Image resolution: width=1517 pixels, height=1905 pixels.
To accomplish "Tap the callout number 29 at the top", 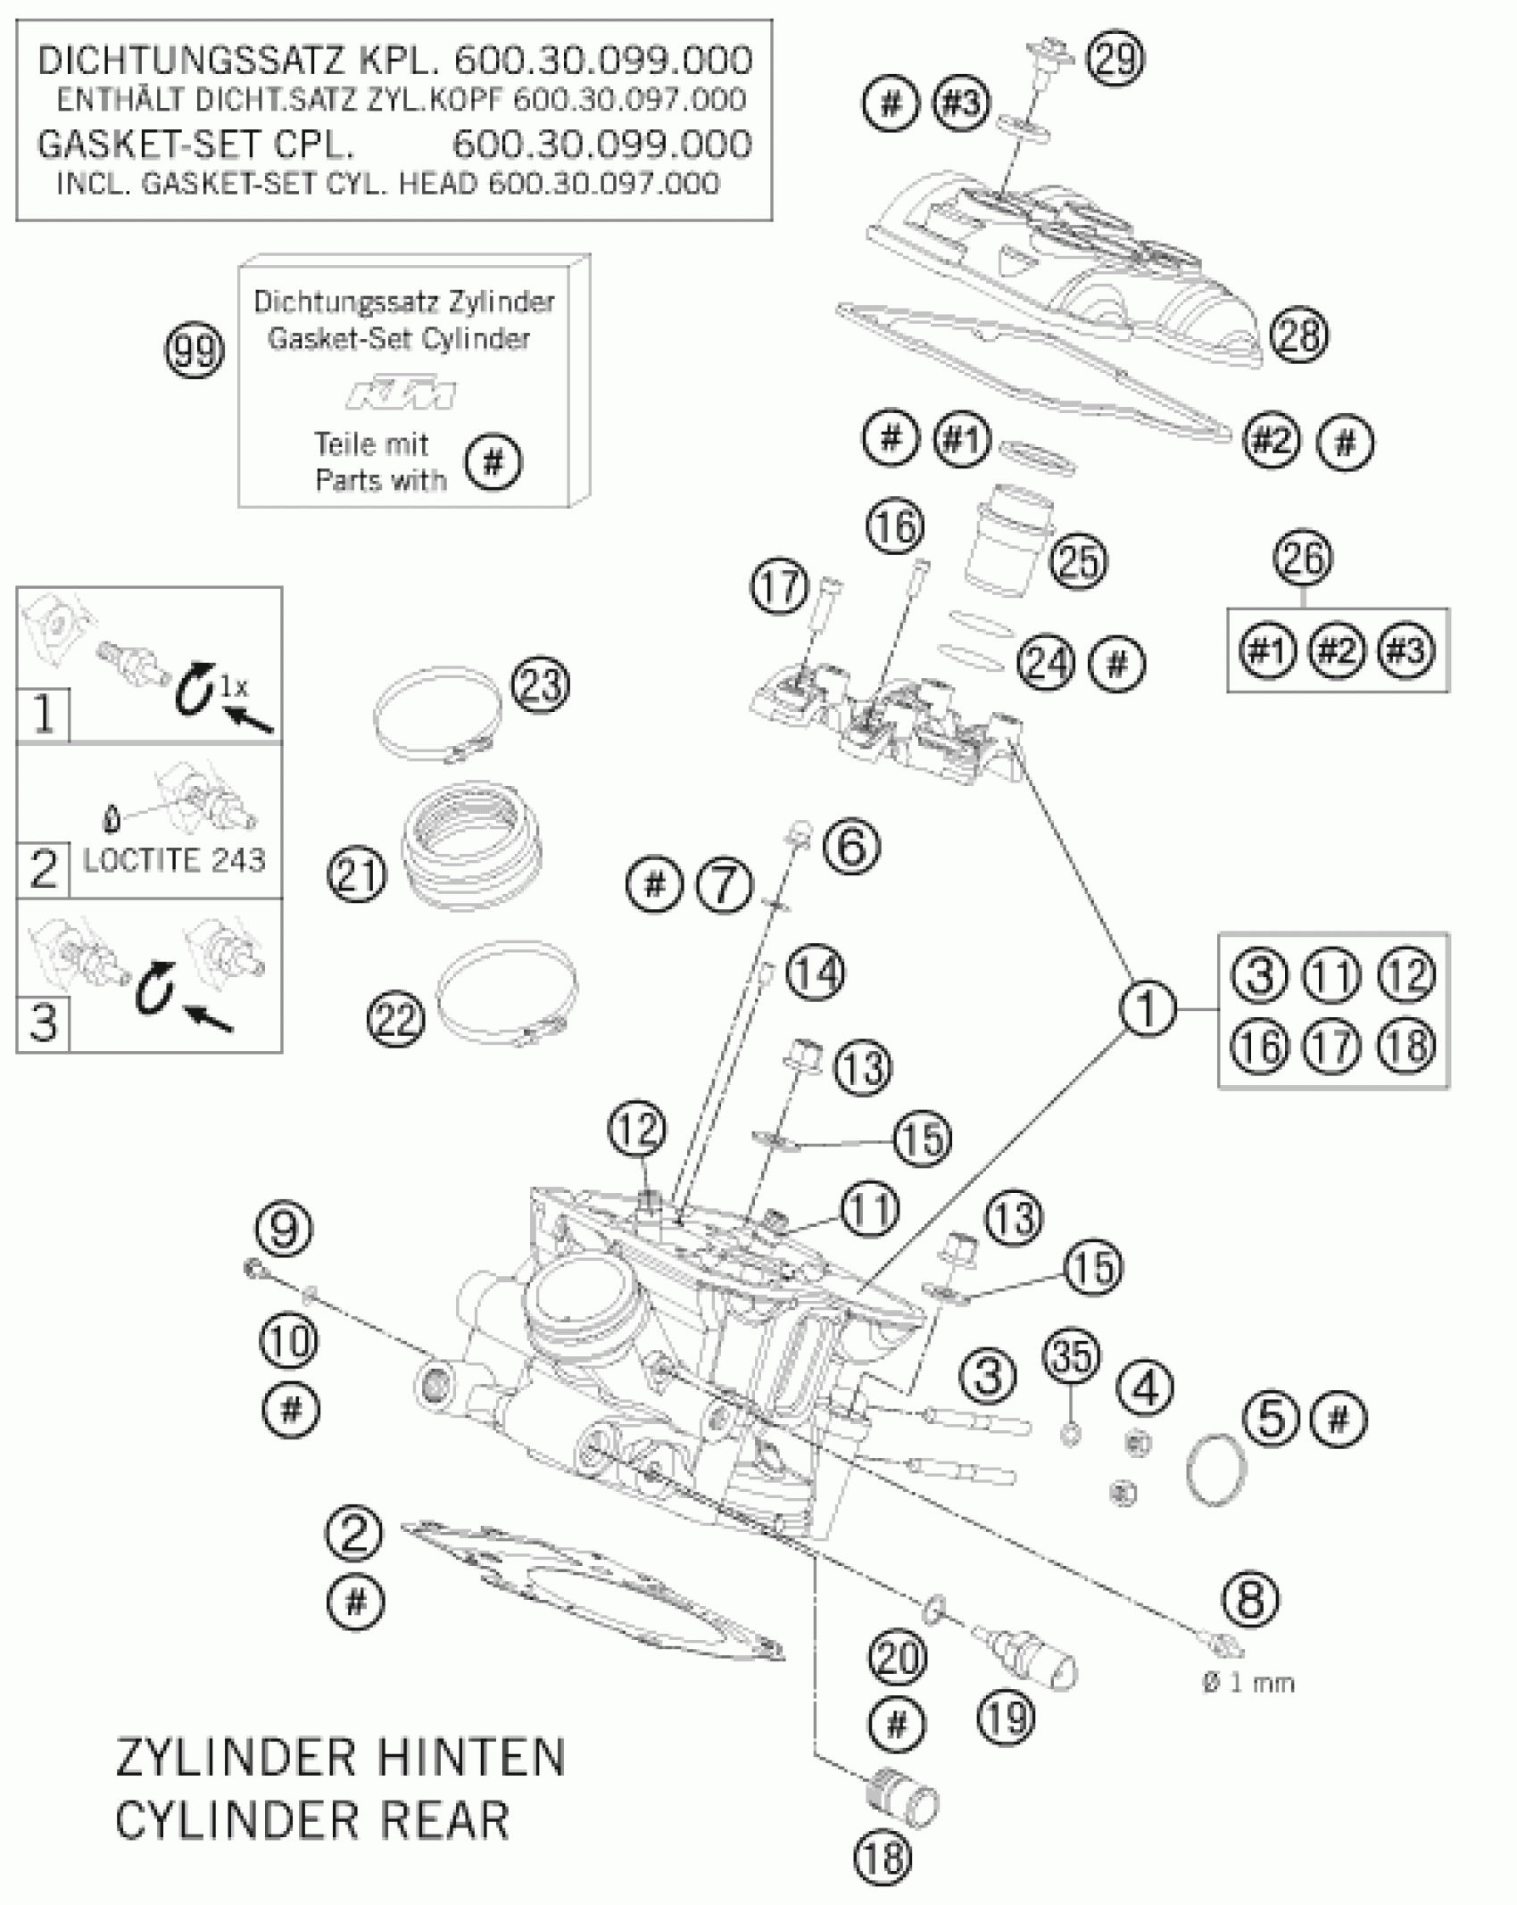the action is click(1116, 58).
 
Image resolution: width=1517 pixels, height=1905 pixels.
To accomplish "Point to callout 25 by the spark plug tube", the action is click(1078, 561).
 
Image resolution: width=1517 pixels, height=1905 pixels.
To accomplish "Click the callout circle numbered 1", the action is click(1148, 1009).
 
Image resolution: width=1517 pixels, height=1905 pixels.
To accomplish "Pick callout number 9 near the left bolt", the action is click(283, 1230).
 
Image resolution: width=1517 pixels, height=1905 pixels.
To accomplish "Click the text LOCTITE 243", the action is click(174, 860).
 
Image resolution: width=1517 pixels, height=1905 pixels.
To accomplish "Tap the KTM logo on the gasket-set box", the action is click(402, 393).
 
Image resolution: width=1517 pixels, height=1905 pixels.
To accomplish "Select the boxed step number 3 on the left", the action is click(43, 1022).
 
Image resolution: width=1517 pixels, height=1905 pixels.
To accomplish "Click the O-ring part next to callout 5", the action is click(1216, 1470).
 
